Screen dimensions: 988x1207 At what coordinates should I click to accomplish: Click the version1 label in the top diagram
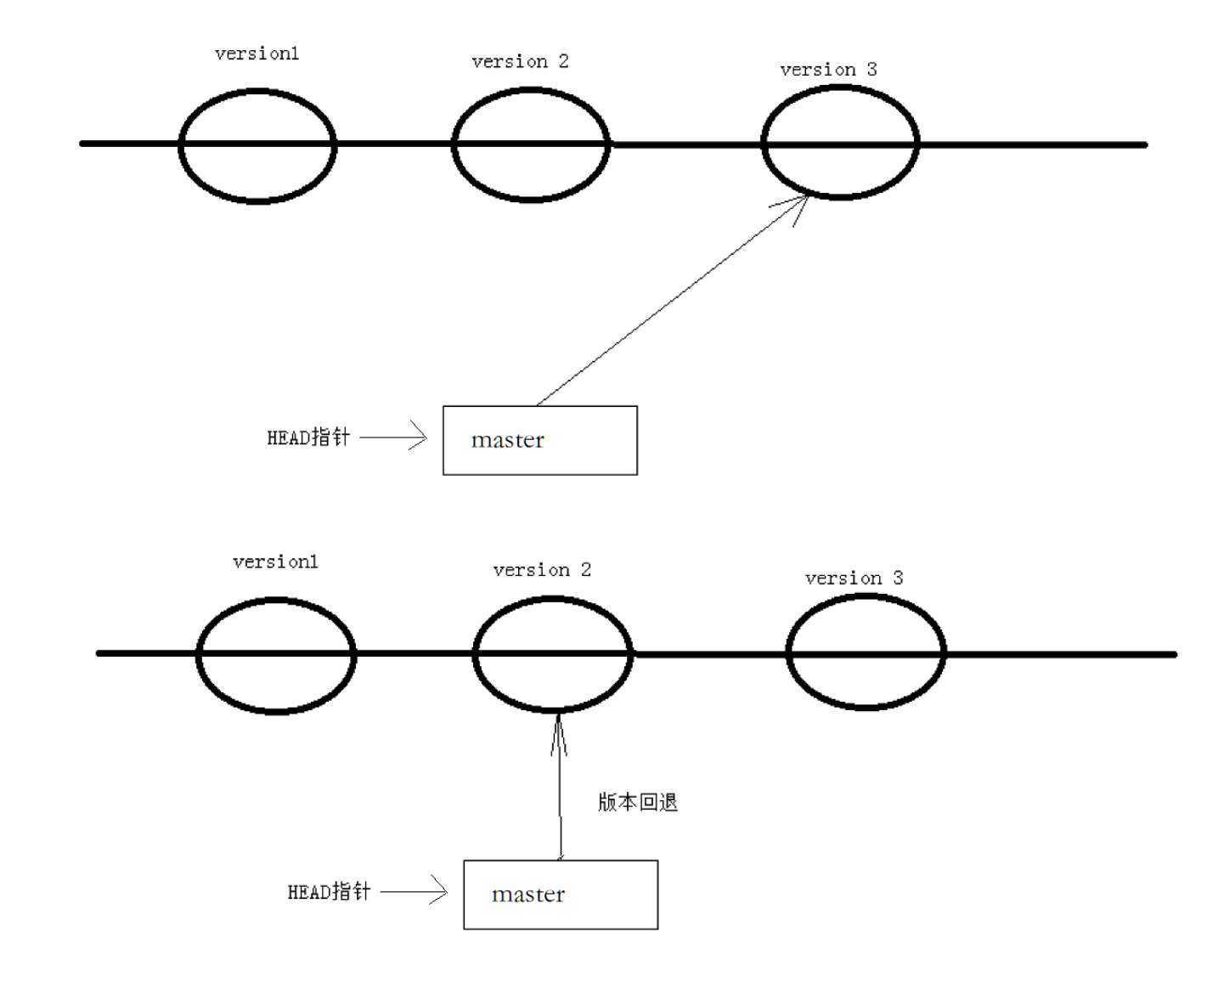click(257, 54)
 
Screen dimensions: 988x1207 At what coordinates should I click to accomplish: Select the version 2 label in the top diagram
click(520, 61)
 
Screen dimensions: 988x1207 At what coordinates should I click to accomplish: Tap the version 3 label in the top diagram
click(828, 70)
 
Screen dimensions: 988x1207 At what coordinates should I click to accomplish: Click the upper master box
click(539, 440)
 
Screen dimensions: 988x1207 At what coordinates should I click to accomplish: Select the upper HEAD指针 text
click(308, 438)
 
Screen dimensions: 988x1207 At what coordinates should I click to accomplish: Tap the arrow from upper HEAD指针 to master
click(392, 438)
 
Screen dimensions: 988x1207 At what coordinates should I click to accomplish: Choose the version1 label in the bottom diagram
click(275, 562)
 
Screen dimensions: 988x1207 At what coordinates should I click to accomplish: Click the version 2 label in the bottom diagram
click(542, 569)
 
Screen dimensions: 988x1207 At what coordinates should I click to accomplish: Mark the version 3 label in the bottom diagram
click(854, 579)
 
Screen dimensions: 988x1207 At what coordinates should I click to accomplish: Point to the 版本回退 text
click(637, 802)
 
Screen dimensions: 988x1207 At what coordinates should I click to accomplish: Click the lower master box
click(561, 895)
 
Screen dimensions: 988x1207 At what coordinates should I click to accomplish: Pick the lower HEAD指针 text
click(329, 891)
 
